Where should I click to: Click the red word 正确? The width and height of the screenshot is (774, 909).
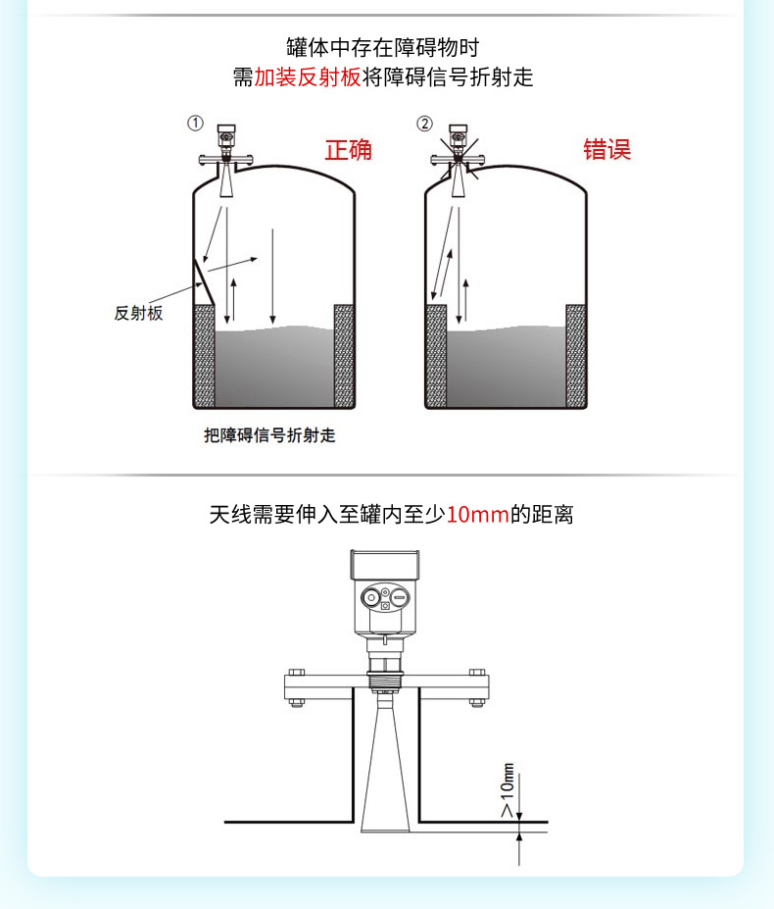coord(348,150)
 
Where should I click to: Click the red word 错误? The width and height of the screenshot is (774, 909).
coord(607,150)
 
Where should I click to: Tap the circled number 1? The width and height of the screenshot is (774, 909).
coord(196,124)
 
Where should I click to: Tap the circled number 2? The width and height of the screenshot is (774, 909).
coord(424,124)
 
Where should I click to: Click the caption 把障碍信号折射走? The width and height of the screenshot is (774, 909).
coord(269,435)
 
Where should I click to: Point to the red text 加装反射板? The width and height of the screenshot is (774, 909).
coord(308,77)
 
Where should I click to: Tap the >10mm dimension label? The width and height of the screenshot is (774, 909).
coord(507,791)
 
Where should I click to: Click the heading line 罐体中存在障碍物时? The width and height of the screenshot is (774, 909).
coord(383,47)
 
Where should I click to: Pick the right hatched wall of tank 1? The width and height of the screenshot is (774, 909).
coord(344,355)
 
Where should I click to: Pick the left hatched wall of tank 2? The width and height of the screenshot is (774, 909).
coord(436,355)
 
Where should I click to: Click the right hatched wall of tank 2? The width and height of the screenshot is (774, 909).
coord(576,355)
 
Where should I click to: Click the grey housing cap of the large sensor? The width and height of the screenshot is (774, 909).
coord(386,566)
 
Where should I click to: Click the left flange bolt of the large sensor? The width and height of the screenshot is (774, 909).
coord(295,685)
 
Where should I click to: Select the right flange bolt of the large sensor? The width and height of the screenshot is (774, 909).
coord(476,685)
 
